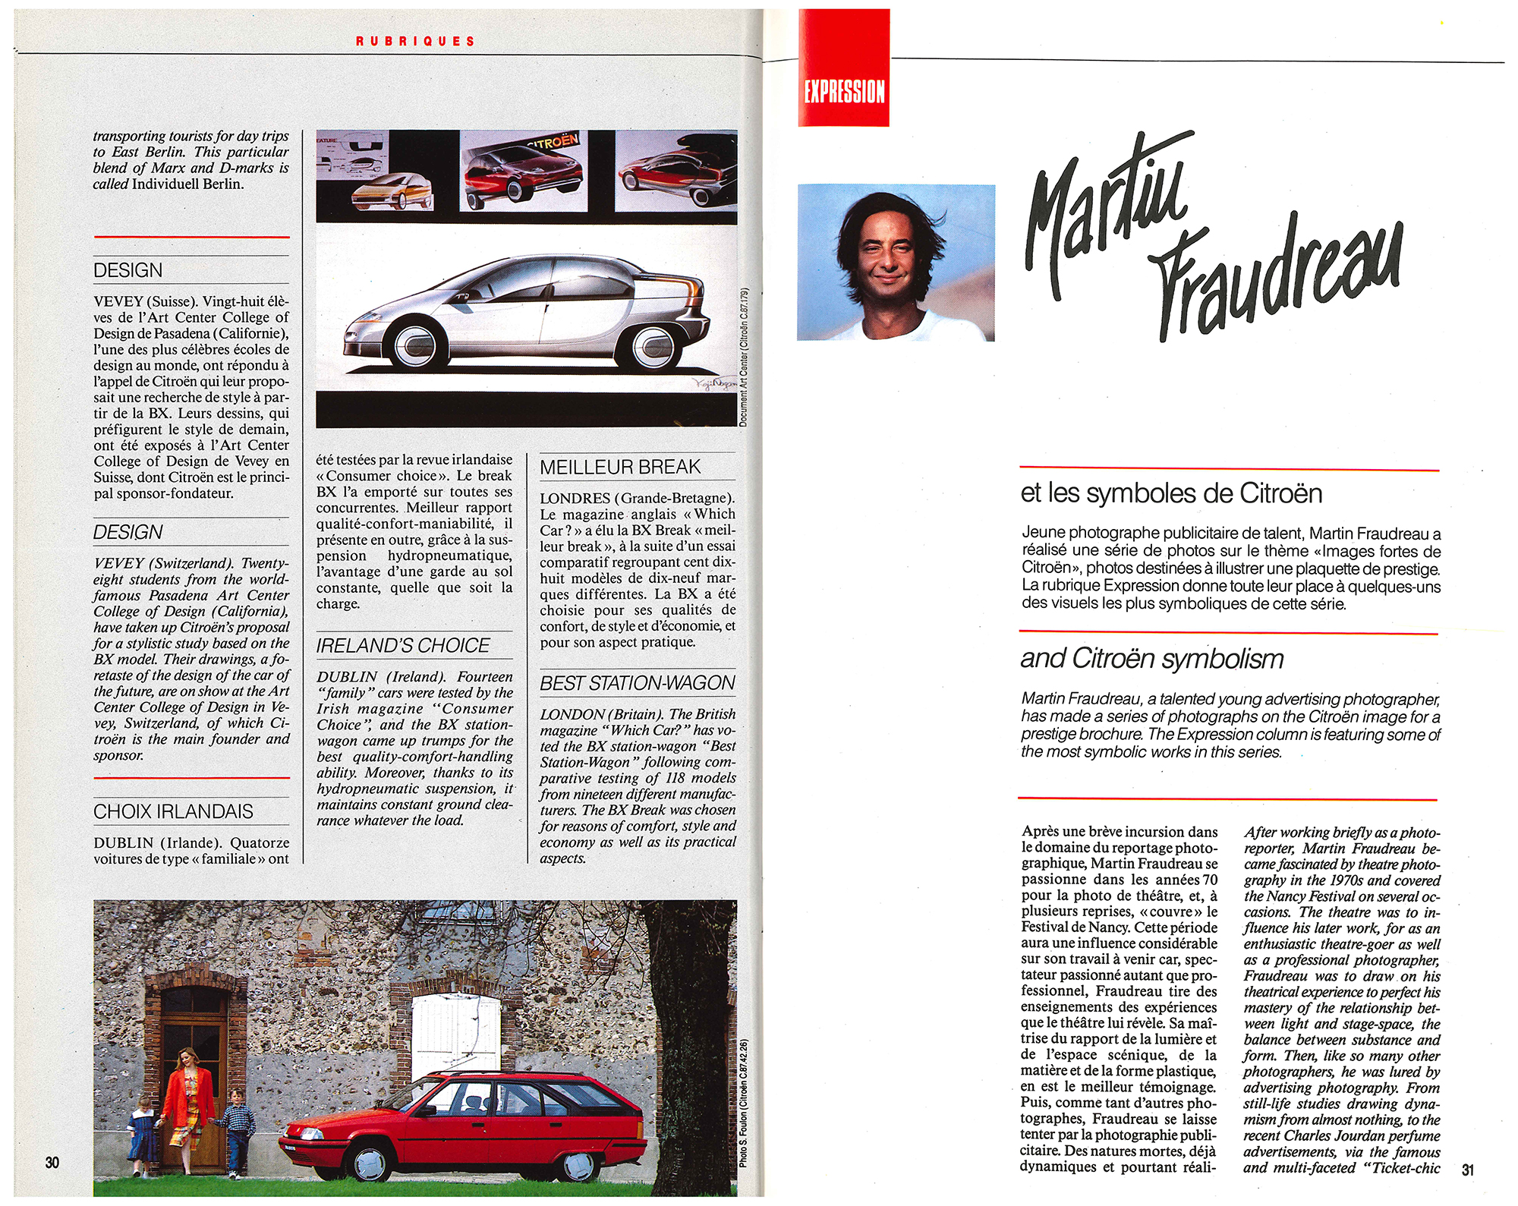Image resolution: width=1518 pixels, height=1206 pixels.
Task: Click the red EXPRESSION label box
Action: pyautogui.click(x=843, y=68)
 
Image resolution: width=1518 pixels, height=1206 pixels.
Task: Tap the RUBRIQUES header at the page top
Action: pyautogui.click(x=415, y=41)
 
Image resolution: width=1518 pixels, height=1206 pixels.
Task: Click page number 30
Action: pyautogui.click(x=52, y=1162)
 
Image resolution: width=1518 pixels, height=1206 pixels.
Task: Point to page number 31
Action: pyautogui.click(x=1467, y=1170)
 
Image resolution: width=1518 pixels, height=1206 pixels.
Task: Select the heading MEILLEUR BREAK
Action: pyautogui.click(x=620, y=468)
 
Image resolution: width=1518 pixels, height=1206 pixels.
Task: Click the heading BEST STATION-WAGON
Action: pyautogui.click(x=638, y=683)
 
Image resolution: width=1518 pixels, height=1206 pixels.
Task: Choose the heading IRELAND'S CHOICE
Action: pyautogui.click(x=403, y=646)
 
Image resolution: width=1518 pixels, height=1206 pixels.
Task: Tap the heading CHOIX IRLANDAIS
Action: pyautogui.click(x=173, y=811)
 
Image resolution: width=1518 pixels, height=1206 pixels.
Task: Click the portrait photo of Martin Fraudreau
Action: pyautogui.click(x=896, y=262)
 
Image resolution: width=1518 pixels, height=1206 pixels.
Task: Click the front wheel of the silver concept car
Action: pyautogui.click(x=417, y=346)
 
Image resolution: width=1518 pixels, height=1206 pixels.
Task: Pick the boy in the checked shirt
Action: pyautogui.click(x=238, y=1131)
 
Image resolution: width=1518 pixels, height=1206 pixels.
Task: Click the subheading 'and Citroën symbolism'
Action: pyautogui.click(x=1151, y=659)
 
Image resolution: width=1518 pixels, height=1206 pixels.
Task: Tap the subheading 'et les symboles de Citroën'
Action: pyautogui.click(x=1171, y=493)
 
